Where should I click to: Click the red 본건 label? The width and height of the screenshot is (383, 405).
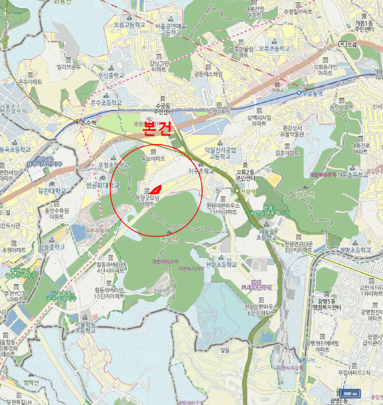[x=157, y=128]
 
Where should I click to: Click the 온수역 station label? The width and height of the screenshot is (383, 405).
[x=87, y=122]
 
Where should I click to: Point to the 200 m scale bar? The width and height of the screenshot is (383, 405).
[x=348, y=393]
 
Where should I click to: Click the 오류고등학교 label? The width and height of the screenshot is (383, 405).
[x=128, y=25]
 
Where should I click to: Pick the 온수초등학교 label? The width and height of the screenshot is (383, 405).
[x=106, y=102]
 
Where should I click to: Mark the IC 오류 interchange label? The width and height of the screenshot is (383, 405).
[x=350, y=43]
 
